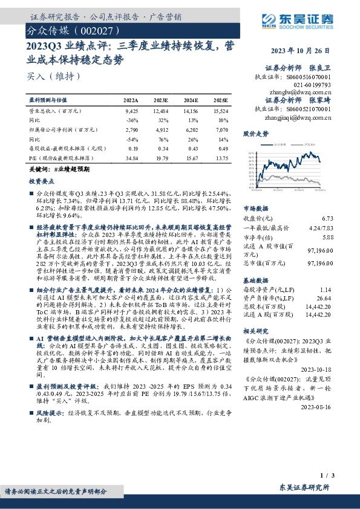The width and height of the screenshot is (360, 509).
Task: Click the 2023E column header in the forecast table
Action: pos(160,100)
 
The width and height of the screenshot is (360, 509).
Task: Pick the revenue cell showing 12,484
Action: pos(160,111)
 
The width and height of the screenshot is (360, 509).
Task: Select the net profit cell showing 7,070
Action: pos(220,129)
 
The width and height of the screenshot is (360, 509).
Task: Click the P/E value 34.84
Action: pos(131,157)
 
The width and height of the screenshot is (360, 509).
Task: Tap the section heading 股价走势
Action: pos(255,132)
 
